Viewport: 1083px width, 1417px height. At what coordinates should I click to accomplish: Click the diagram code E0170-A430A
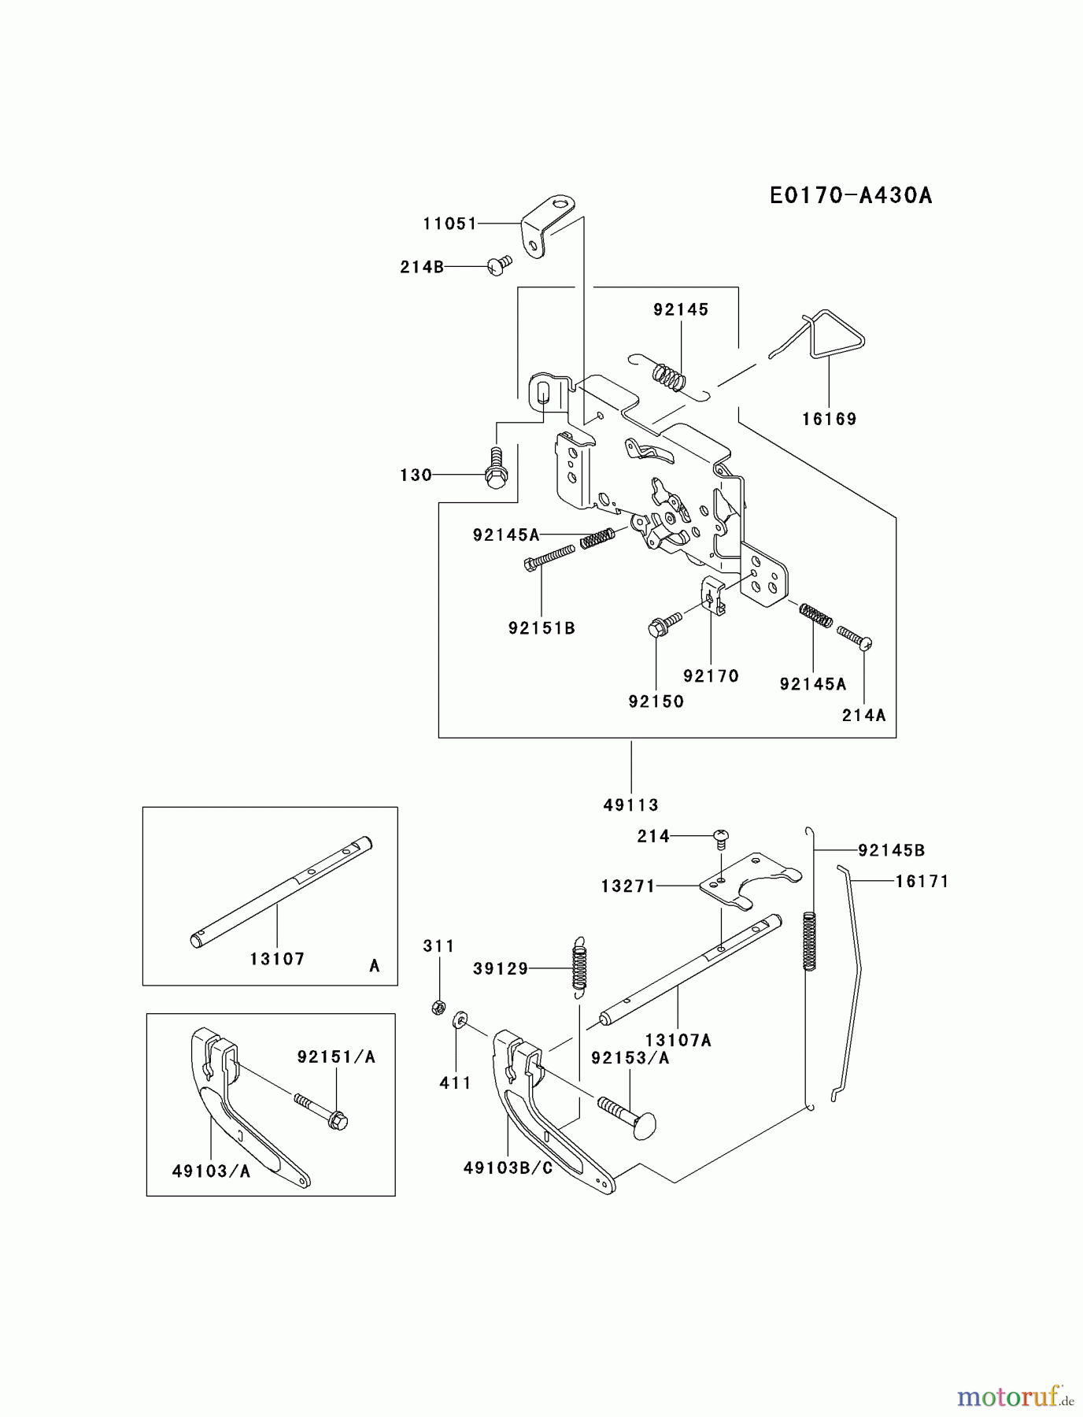click(x=851, y=195)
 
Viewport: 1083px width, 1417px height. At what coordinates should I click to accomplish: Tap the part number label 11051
click(x=449, y=224)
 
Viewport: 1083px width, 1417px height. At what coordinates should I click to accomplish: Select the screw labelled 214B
click(x=498, y=266)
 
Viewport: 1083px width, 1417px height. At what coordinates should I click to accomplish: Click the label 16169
click(x=829, y=419)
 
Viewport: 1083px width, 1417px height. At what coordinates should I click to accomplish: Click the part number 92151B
click(x=541, y=628)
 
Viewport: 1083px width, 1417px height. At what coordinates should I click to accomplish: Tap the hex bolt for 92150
click(x=660, y=627)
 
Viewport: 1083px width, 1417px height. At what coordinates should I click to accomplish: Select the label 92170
click(x=711, y=675)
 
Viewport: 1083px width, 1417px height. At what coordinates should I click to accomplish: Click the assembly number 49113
click(x=631, y=805)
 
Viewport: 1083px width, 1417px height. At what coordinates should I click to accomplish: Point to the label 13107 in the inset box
click(x=277, y=959)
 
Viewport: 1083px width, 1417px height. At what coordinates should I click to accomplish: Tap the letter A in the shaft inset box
click(x=375, y=966)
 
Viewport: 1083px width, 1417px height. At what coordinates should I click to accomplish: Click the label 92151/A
click(x=336, y=1057)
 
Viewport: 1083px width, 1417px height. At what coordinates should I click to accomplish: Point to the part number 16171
click(x=922, y=882)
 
